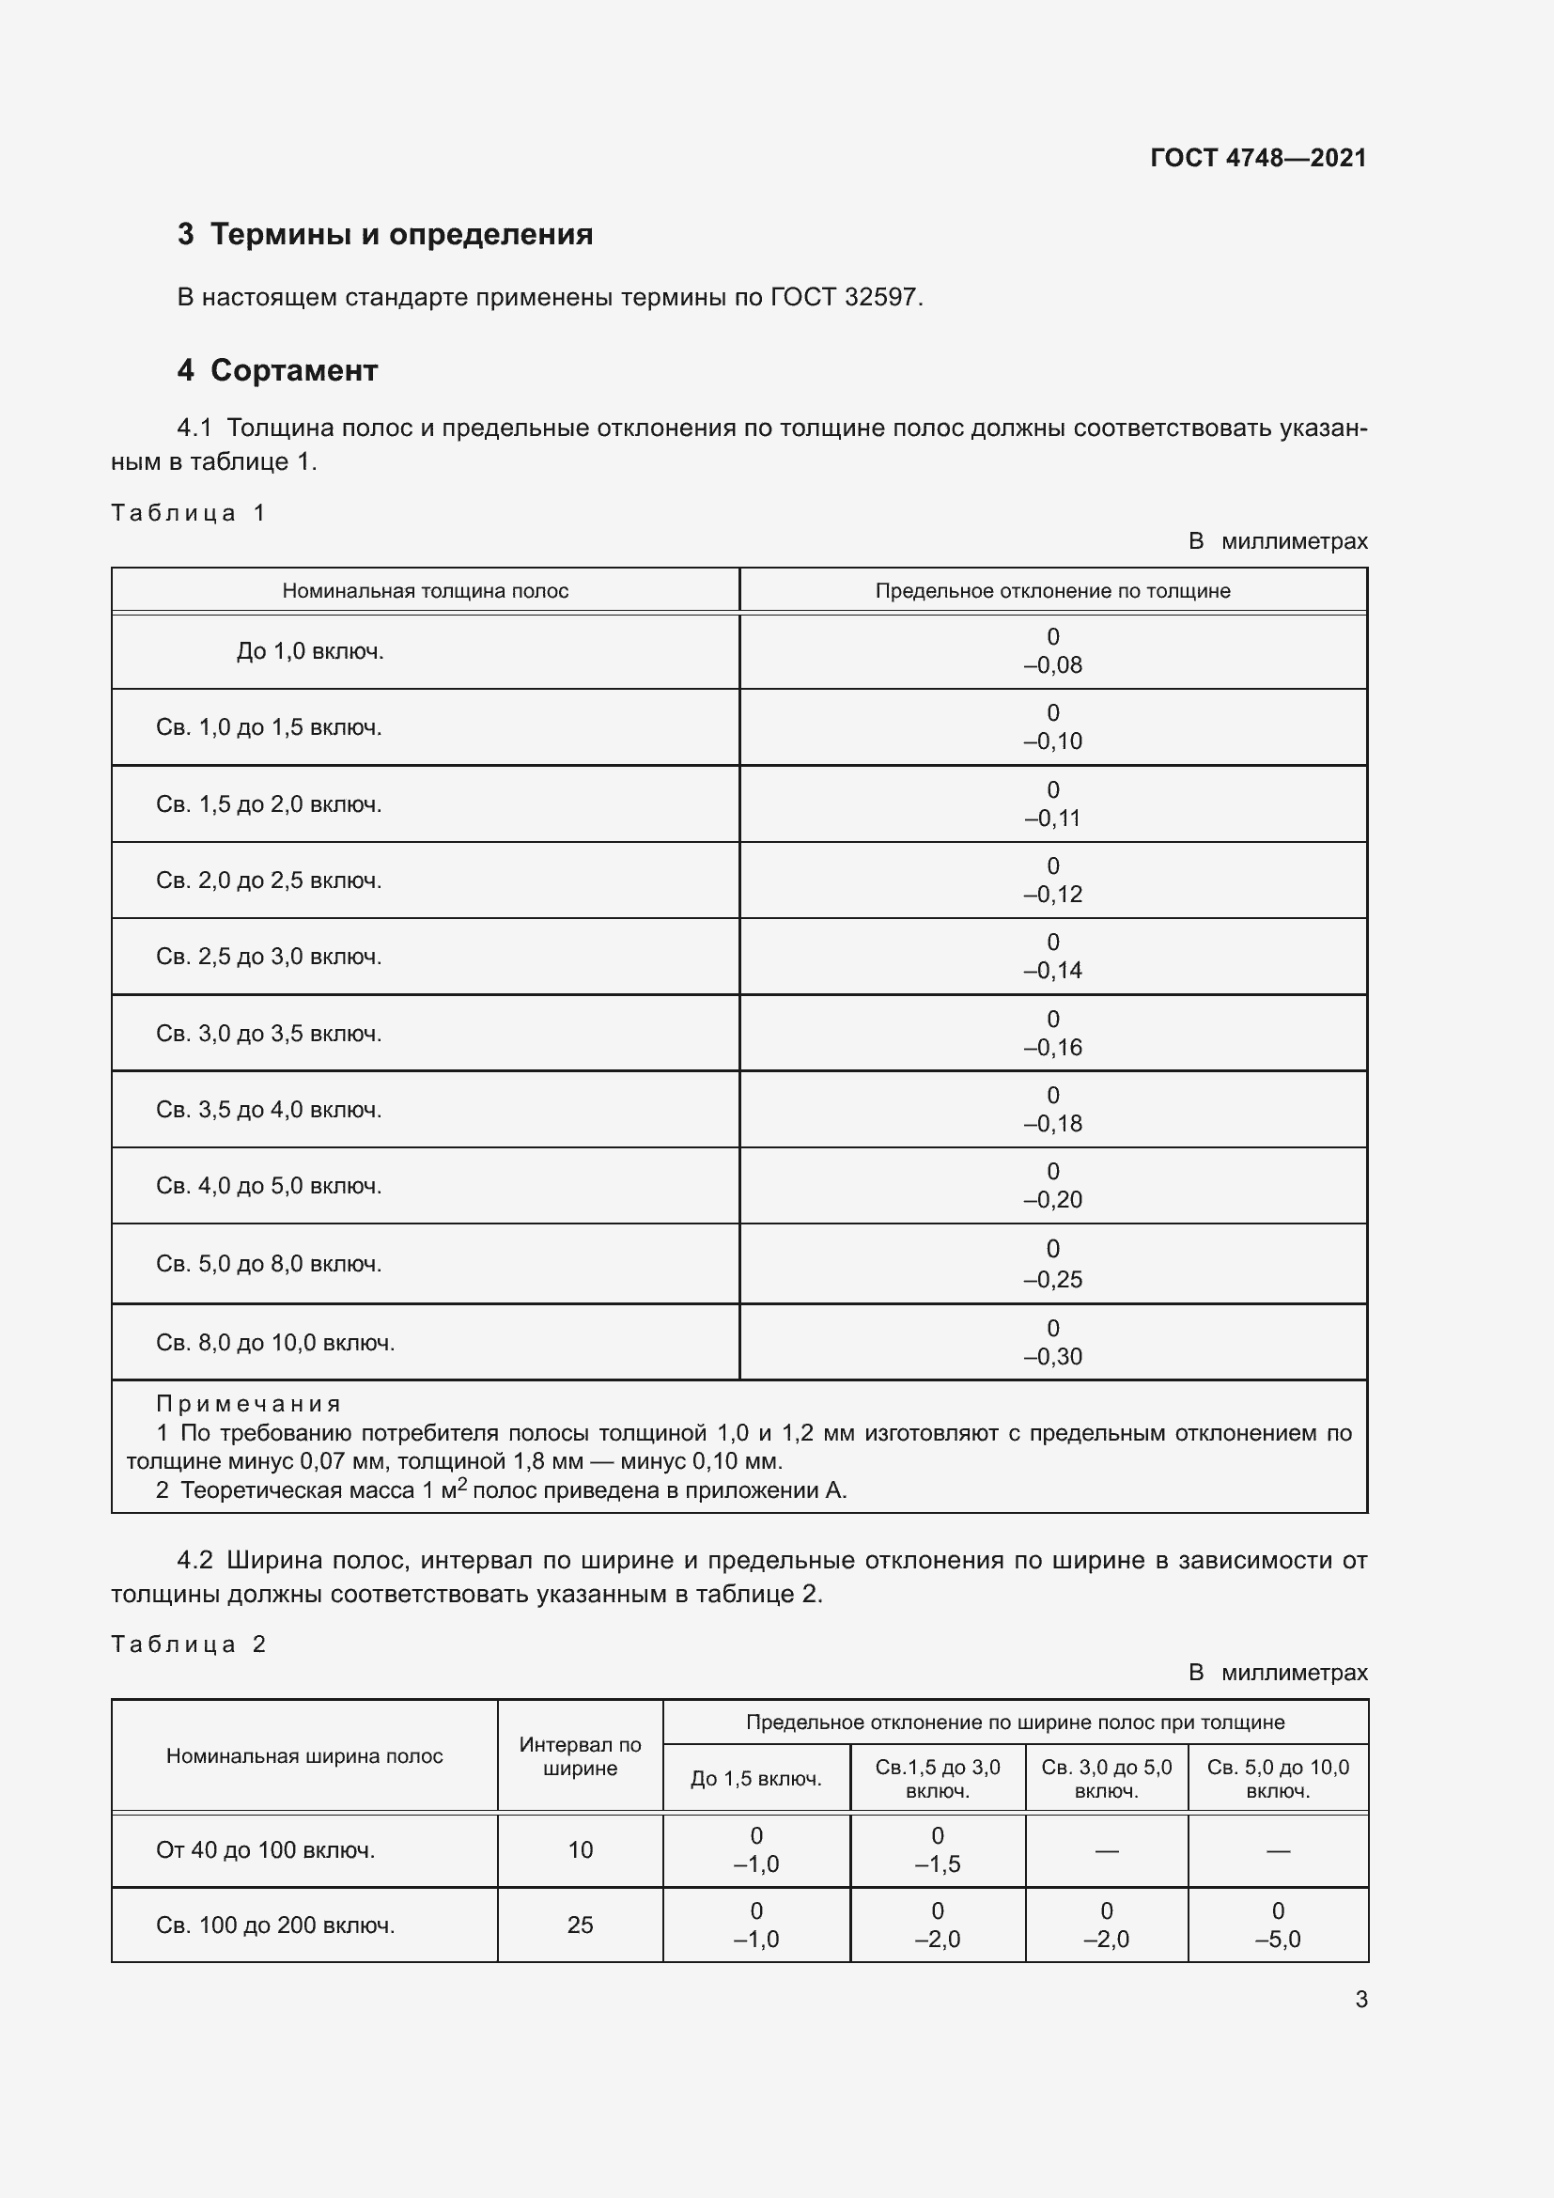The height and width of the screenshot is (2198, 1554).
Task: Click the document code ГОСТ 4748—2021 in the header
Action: pos(1257,158)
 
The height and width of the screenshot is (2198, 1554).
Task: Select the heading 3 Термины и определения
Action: pos(384,235)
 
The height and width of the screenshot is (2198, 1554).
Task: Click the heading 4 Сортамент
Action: pos(277,370)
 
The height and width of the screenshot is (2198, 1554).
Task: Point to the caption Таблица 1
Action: pos(188,513)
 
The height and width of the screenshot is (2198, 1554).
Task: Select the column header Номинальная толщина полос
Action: pos(425,591)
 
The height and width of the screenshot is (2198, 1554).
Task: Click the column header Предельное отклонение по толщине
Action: pos(1051,591)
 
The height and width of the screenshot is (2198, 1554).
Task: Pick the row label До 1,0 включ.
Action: pos(310,652)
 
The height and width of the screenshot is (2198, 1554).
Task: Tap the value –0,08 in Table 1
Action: pos(1052,665)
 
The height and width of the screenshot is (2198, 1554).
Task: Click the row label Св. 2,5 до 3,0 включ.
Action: pos(269,958)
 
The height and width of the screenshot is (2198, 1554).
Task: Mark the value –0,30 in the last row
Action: pos(1052,1358)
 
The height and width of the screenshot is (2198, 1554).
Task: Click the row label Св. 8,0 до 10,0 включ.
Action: pos(275,1343)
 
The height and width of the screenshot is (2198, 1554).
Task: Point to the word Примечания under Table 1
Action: pos(248,1404)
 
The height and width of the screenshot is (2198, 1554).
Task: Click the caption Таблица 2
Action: pos(188,1645)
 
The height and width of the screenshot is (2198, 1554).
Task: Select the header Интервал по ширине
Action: pos(580,1756)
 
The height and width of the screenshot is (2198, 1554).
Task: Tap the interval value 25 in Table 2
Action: pos(580,1925)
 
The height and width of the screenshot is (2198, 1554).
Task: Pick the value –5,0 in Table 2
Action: pos(1278,1940)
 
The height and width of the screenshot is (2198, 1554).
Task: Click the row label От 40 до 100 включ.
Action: pos(265,1850)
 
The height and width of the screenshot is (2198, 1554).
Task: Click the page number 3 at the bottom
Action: pos(1360,2000)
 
